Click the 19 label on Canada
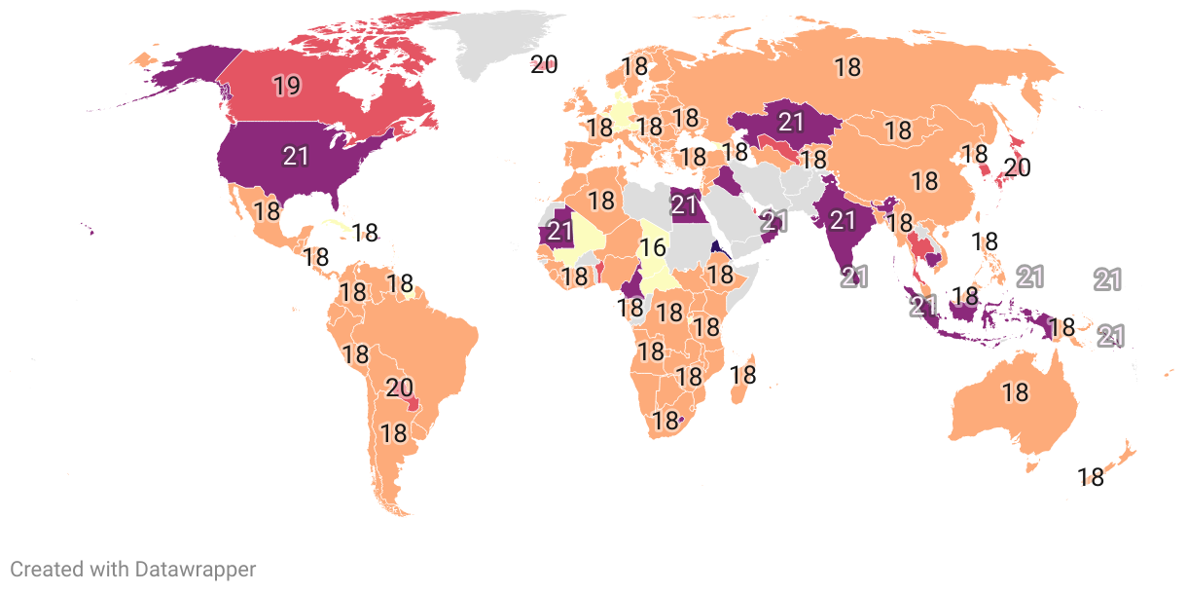tap(286, 86)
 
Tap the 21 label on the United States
tap(296, 155)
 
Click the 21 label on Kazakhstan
tap(791, 122)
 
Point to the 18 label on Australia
tap(1015, 392)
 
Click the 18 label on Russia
tap(847, 66)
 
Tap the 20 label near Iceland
tap(544, 65)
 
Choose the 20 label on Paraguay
tap(399, 388)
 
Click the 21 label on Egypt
tap(686, 204)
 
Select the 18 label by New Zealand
tap(1091, 477)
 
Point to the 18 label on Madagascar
tap(743, 373)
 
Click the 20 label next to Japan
tap(1017, 167)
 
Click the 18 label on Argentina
tap(393, 433)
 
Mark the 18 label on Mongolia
tap(897, 129)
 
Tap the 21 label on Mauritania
tap(559, 231)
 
